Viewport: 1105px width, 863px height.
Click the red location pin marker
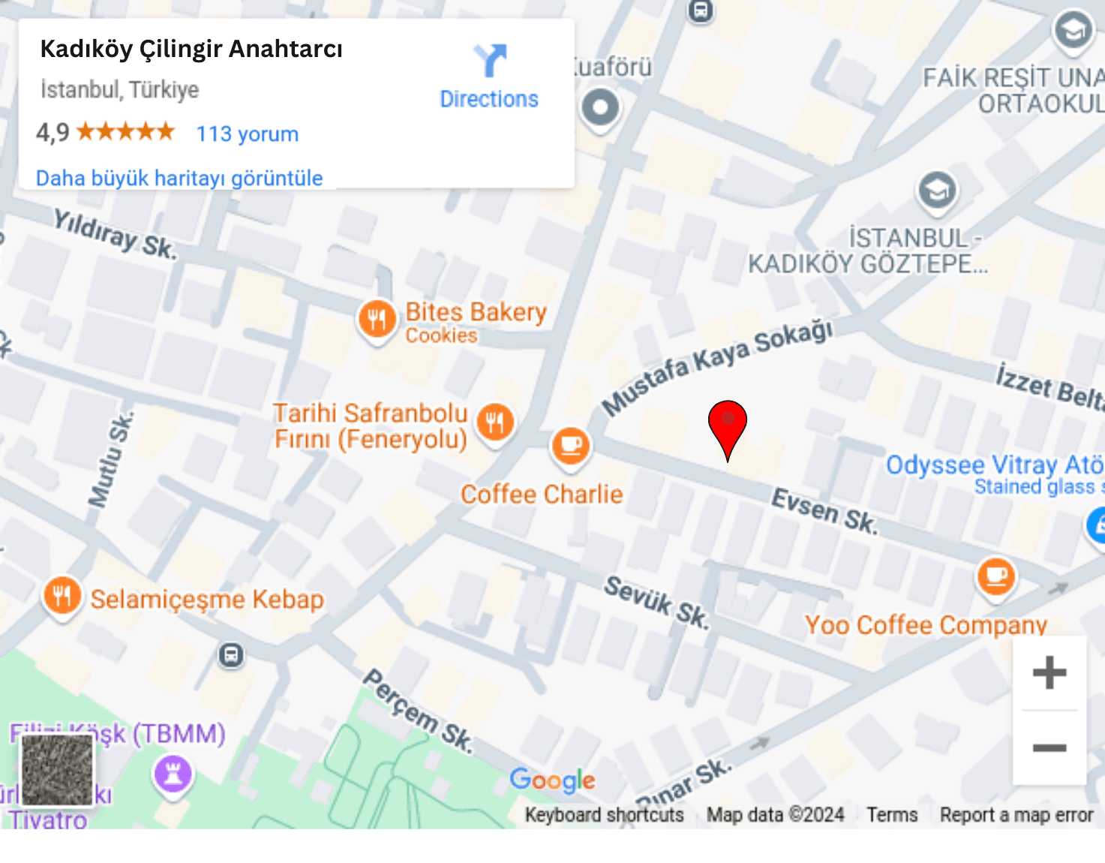pyautogui.click(x=727, y=425)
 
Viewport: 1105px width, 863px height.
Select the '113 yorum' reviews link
pyautogui.click(x=247, y=134)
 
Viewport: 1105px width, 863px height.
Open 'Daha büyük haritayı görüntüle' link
pyautogui.click(x=179, y=178)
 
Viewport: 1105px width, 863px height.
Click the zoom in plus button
pyautogui.click(x=1049, y=672)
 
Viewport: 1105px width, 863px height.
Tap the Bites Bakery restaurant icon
pyautogui.click(x=377, y=319)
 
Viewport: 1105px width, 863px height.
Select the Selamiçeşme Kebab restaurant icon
pyautogui.click(x=62, y=597)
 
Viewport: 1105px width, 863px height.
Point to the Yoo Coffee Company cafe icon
pyautogui.click(x=995, y=576)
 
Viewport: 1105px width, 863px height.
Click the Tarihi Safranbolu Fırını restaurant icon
pyautogui.click(x=495, y=422)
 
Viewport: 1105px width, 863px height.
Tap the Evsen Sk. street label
pyautogui.click(x=824, y=511)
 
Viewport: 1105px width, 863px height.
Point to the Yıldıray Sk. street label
pyautogui.click(x=115, y=233)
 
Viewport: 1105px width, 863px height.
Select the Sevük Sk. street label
pyautogui.click(x=656, y=602)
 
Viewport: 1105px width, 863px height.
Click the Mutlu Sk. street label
pyautogui.click(x=110, y=459)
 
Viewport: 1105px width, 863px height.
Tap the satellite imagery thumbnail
pyautogui.click(x=57, y=770)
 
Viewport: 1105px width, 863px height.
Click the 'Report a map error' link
pyautogui.click(x=1016, y=815)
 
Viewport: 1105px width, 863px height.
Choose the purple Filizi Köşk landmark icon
pyautogui.click(x=173, y=774)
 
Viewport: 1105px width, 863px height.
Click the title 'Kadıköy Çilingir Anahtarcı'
pyautogui.click(x=191, y=49)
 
